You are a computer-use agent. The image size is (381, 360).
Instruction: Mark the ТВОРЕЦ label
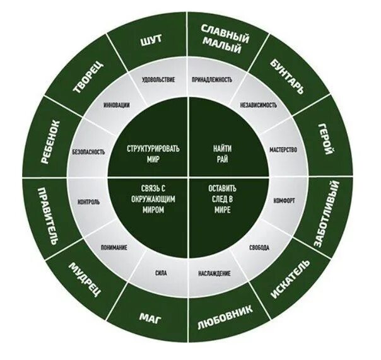point(89,78)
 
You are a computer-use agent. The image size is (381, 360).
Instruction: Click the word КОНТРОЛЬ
point(89,202)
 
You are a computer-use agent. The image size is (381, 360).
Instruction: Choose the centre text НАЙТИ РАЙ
point(223,153)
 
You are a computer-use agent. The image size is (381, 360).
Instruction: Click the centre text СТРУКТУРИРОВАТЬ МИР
point(153,153)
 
